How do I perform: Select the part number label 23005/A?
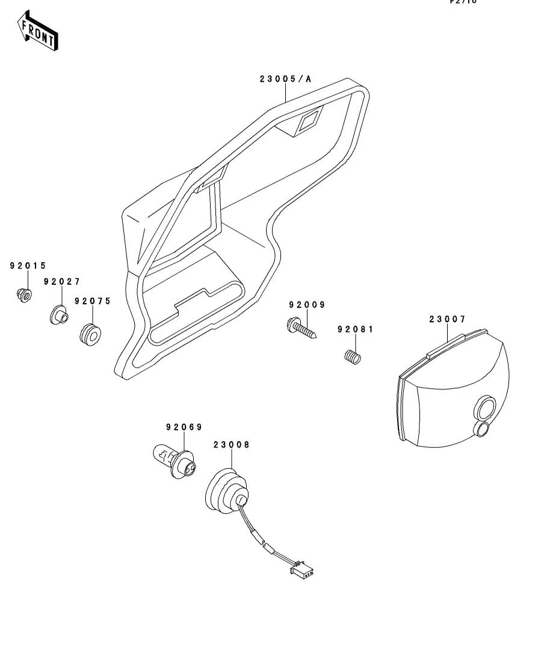pos(286,79)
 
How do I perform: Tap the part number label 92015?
pos(28,265)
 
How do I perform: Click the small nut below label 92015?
pos(24,295)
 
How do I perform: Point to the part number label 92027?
pos(61,281)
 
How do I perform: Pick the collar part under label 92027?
pos(59,314)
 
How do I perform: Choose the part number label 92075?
pos(93,301)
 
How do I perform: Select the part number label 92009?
pos(306,305)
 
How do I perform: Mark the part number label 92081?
pos(355,329)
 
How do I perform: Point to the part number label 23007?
pos(447,319)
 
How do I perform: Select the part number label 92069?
pos(184,427)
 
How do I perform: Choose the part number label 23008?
pos(231,445)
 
